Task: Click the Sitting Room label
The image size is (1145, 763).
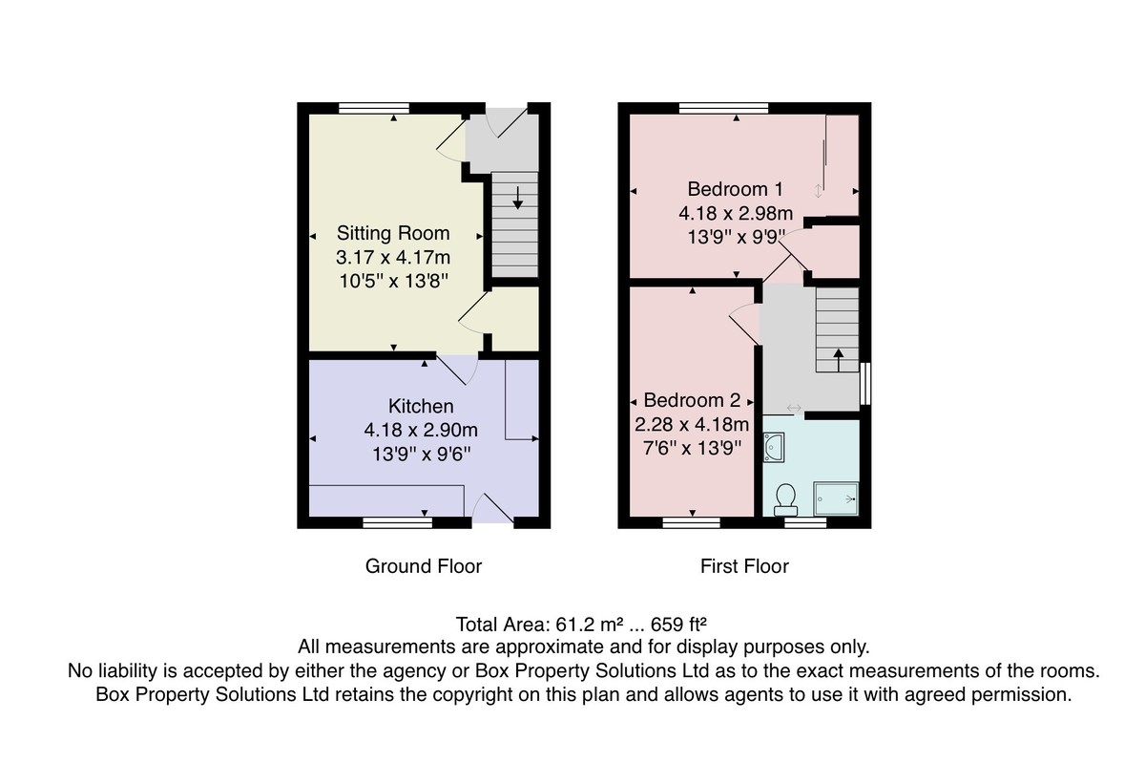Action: (393, 233)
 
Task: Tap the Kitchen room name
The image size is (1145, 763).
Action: (421, 406)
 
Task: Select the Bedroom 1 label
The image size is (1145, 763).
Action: (735, 189)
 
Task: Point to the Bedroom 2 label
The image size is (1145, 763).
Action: (692, 400)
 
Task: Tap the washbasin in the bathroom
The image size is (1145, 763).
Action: (774, 447)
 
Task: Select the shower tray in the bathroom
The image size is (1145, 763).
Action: (836, 498)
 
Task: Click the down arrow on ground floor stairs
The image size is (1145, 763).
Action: (518, 198)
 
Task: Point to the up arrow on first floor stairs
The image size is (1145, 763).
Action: (839, 360)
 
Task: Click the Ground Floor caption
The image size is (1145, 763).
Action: (424, 566)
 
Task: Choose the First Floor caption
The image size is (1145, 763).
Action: (744, 566)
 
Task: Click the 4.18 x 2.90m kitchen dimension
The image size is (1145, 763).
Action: (421, 430)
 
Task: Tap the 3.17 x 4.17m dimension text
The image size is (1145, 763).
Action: (393, 257)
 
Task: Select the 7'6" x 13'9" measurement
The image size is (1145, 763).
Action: (692, 448)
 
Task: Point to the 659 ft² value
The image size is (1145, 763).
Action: (678, 625)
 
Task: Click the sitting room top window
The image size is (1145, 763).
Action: (374, 108)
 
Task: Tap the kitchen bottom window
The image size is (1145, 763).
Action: (398, 522)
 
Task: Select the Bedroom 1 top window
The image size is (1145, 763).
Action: (724, 108)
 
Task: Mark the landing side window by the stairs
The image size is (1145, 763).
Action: (865, 384)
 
